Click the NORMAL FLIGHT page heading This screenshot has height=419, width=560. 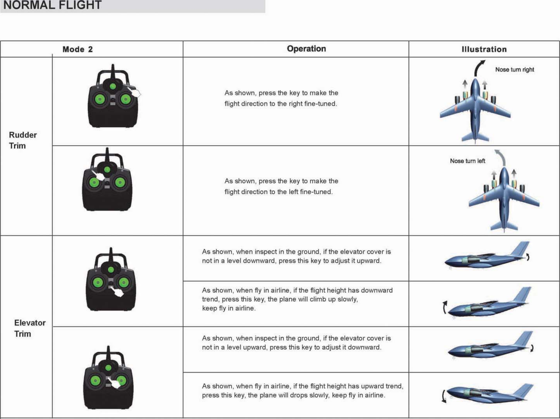52,5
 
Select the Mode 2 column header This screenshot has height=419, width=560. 77,49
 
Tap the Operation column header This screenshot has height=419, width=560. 306,49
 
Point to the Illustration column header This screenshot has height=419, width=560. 484,49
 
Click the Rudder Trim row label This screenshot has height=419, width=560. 23,140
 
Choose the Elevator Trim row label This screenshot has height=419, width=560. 30,328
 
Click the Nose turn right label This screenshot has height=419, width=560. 514,70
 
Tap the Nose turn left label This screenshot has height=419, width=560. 467,161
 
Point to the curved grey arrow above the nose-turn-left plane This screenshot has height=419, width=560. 500,157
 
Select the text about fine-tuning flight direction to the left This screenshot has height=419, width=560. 281,186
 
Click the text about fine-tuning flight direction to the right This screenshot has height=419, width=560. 281,98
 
